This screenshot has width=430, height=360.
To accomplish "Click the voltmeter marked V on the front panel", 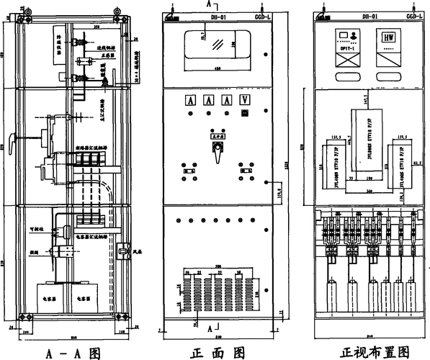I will pos(245,101).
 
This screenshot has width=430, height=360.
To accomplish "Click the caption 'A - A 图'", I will pos(72,353).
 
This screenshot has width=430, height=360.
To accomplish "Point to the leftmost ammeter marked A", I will pos(191,101).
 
